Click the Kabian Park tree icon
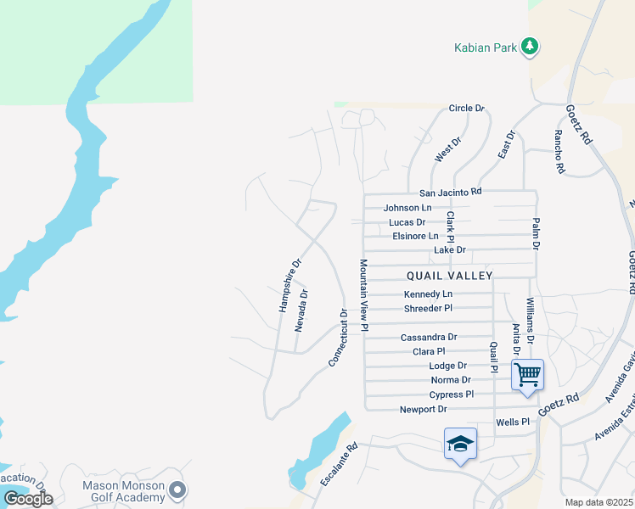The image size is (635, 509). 531,46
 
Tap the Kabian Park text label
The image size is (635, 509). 484,48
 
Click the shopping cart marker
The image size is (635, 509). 527,373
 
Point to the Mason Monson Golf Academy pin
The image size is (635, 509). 177,489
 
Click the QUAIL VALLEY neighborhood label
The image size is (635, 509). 449,276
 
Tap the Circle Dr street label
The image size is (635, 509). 466,109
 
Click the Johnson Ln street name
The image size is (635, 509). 407,207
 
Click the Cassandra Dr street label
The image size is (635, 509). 429,337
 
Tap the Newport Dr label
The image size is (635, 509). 423,409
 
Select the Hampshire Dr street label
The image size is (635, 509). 290,285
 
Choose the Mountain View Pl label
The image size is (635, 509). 363,294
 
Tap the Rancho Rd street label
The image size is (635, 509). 559,152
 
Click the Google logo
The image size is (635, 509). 28,499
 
